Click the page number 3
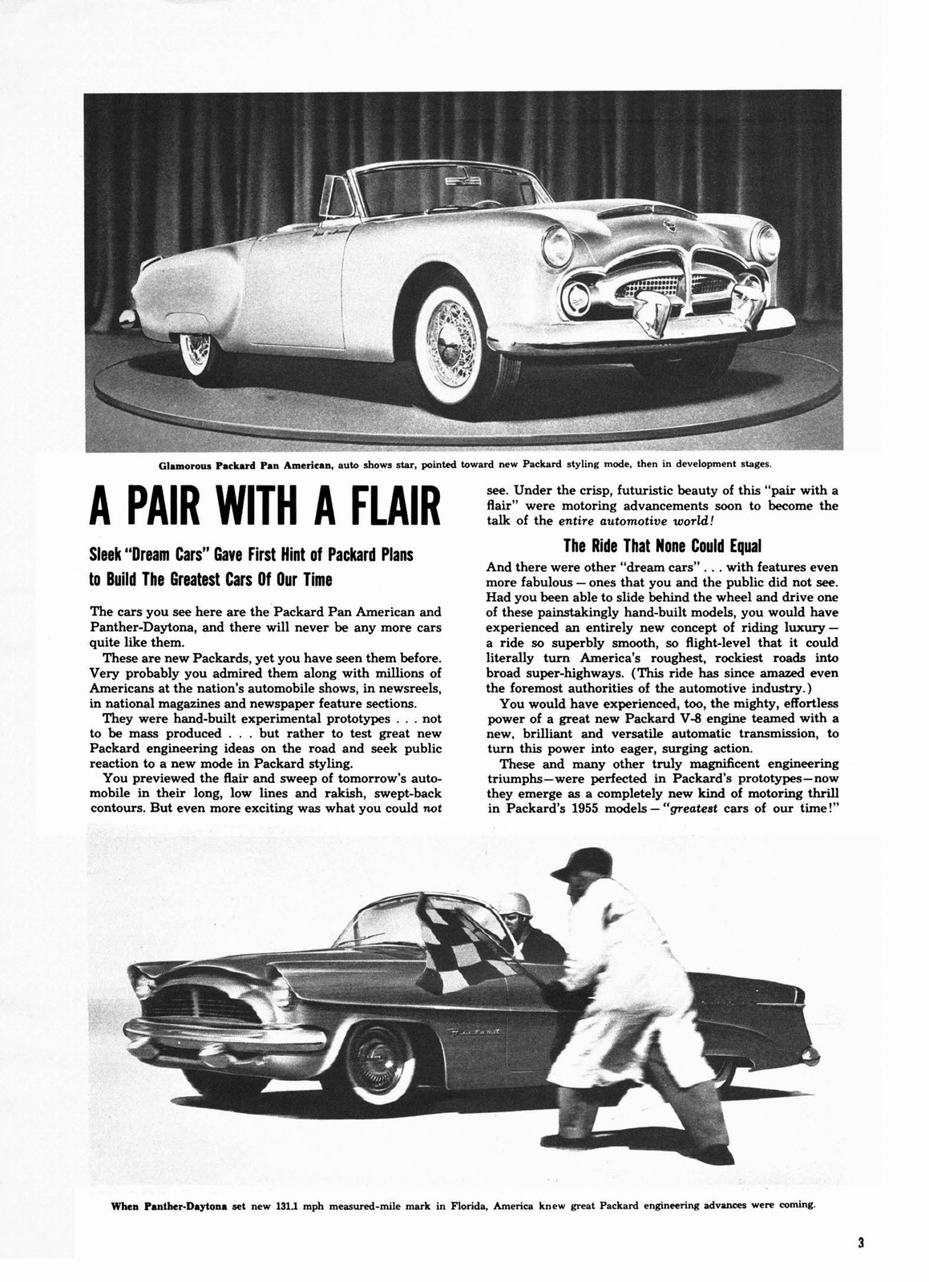coord(859,1244)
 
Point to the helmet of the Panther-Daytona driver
coord(511,906)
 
